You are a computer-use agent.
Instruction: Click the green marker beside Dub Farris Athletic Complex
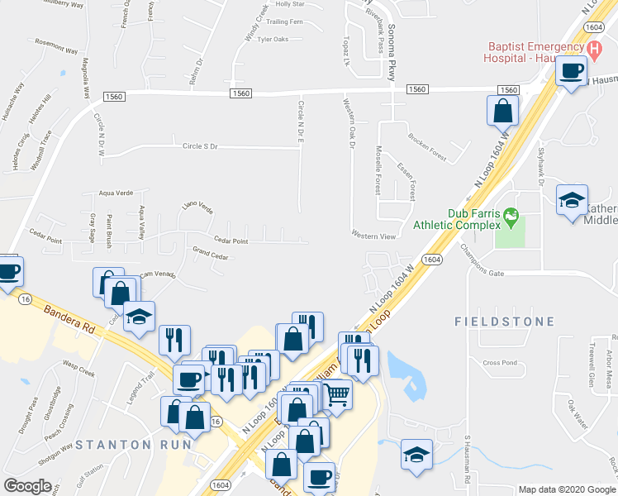511,217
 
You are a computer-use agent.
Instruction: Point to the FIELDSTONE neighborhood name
495,319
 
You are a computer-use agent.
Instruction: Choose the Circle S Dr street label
200,146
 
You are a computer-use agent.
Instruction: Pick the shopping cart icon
336,396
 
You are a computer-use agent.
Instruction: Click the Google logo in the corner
27,486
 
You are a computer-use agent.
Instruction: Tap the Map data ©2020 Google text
567,489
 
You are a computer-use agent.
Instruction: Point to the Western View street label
374,236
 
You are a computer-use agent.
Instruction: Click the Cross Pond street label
500,362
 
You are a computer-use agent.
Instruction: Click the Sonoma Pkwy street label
392,50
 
